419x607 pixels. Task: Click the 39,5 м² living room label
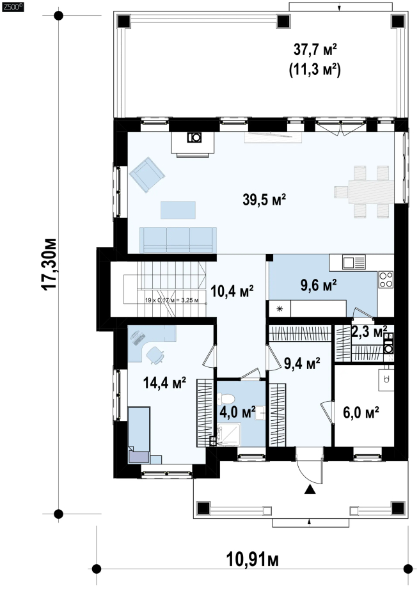pyautogui.click(x=264, y=200)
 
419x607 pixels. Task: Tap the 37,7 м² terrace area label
pyautogui.click(x=315, y=49)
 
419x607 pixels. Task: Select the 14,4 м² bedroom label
pyautogui.click(x=164, y=382)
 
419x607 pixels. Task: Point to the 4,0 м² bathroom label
pyautogui.click(x=237, y=412)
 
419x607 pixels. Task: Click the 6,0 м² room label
pyautogui.click(x=361, y=412)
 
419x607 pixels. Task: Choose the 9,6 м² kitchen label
pyautogui.click(x=319, y=285)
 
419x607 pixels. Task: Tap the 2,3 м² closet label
pyautogui.click(x=369, y=332)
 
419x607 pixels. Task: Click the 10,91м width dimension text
pyautogui.click(x=252, y=560)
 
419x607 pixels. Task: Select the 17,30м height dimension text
pyautogui.click(x=49, y=264)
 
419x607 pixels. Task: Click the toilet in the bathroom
pyautogui.click(x=226, y=398)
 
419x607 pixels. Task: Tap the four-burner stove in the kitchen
pyautogui.click(x=386, y=280)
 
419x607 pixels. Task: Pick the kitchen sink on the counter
pyautogui.click(x=354, y=263)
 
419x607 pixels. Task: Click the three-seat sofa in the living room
pyautogui.click(x=178, y=240)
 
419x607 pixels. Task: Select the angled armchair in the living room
pyautogui.click(x=147, y=175)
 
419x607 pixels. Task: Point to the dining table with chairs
pyautogui.click(x=365, y=192)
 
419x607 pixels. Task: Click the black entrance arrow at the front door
pyautogui.click(x=309, y=489)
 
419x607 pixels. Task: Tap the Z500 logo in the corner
pyautogui.click(x=13, y=6)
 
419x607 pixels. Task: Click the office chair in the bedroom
pyautogui.click(x=155, y=354)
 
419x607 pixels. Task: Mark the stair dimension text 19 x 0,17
pyautogui.click(x=171, y=300)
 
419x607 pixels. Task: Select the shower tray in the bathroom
pyautogui.click(x=229, y=435)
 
